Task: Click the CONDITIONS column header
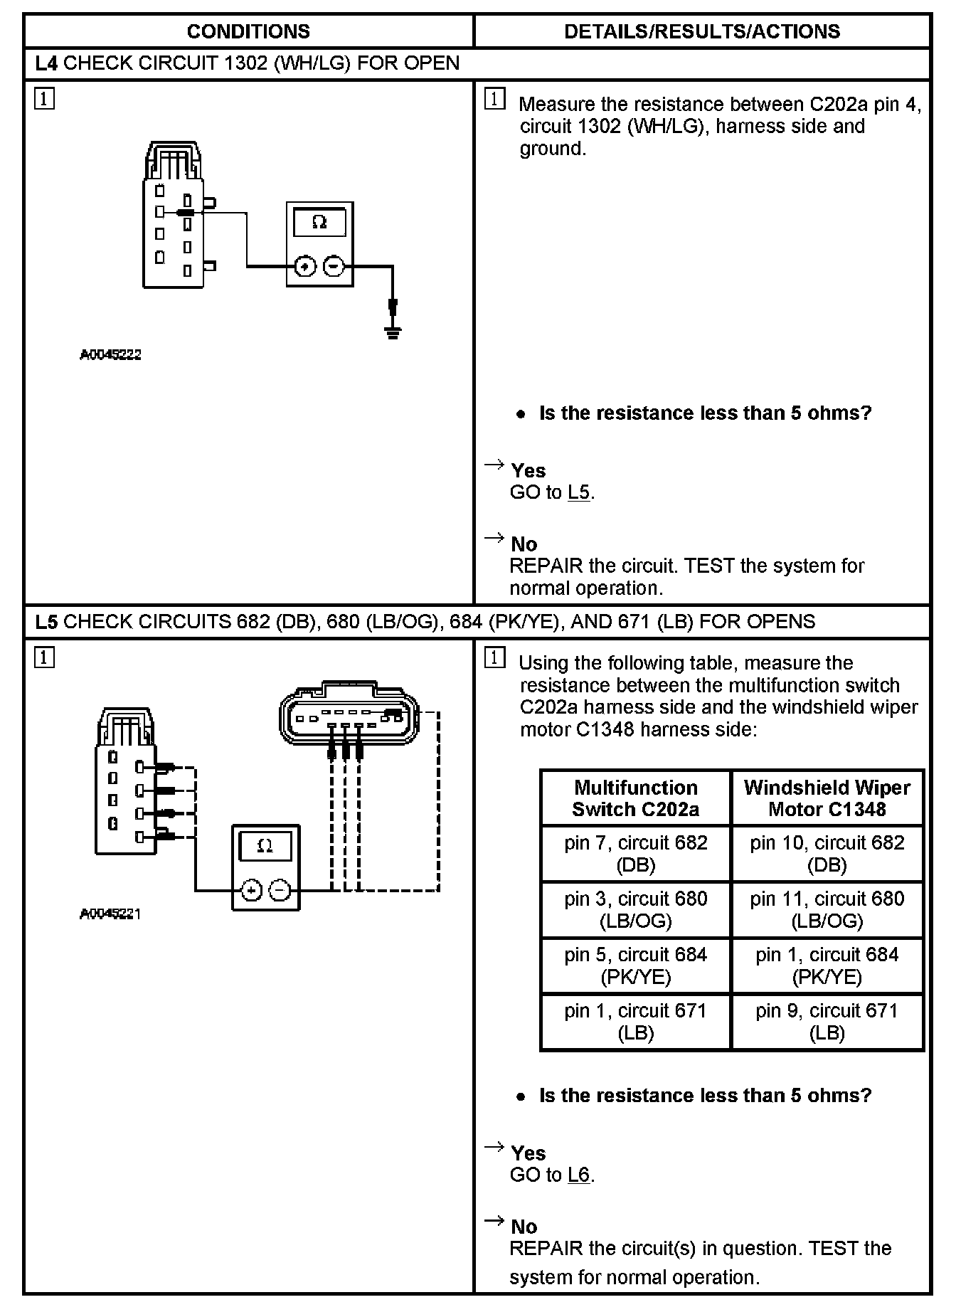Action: [248, 31]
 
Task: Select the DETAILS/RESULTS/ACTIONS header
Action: [701, 31]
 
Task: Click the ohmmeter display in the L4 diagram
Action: [319, 223]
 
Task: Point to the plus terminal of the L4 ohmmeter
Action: [304, 267]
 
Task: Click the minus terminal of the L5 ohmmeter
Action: [280, 890]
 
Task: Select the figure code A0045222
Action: [110, 354]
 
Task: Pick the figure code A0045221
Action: [110, 914]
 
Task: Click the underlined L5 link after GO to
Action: [579, 492]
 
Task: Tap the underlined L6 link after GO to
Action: [579, 1175]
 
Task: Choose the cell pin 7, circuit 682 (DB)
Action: [635, 853]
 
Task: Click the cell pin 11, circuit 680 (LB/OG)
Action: [827, 909]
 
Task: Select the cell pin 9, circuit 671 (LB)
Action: [827, 1021]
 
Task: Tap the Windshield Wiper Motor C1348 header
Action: [827, 798]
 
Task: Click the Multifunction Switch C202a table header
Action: [635, 798]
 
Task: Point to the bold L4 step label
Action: [46, 63]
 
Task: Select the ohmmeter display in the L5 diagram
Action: [265, 846]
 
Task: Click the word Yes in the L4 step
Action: [529, 470]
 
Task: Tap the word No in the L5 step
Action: [524, 1226]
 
